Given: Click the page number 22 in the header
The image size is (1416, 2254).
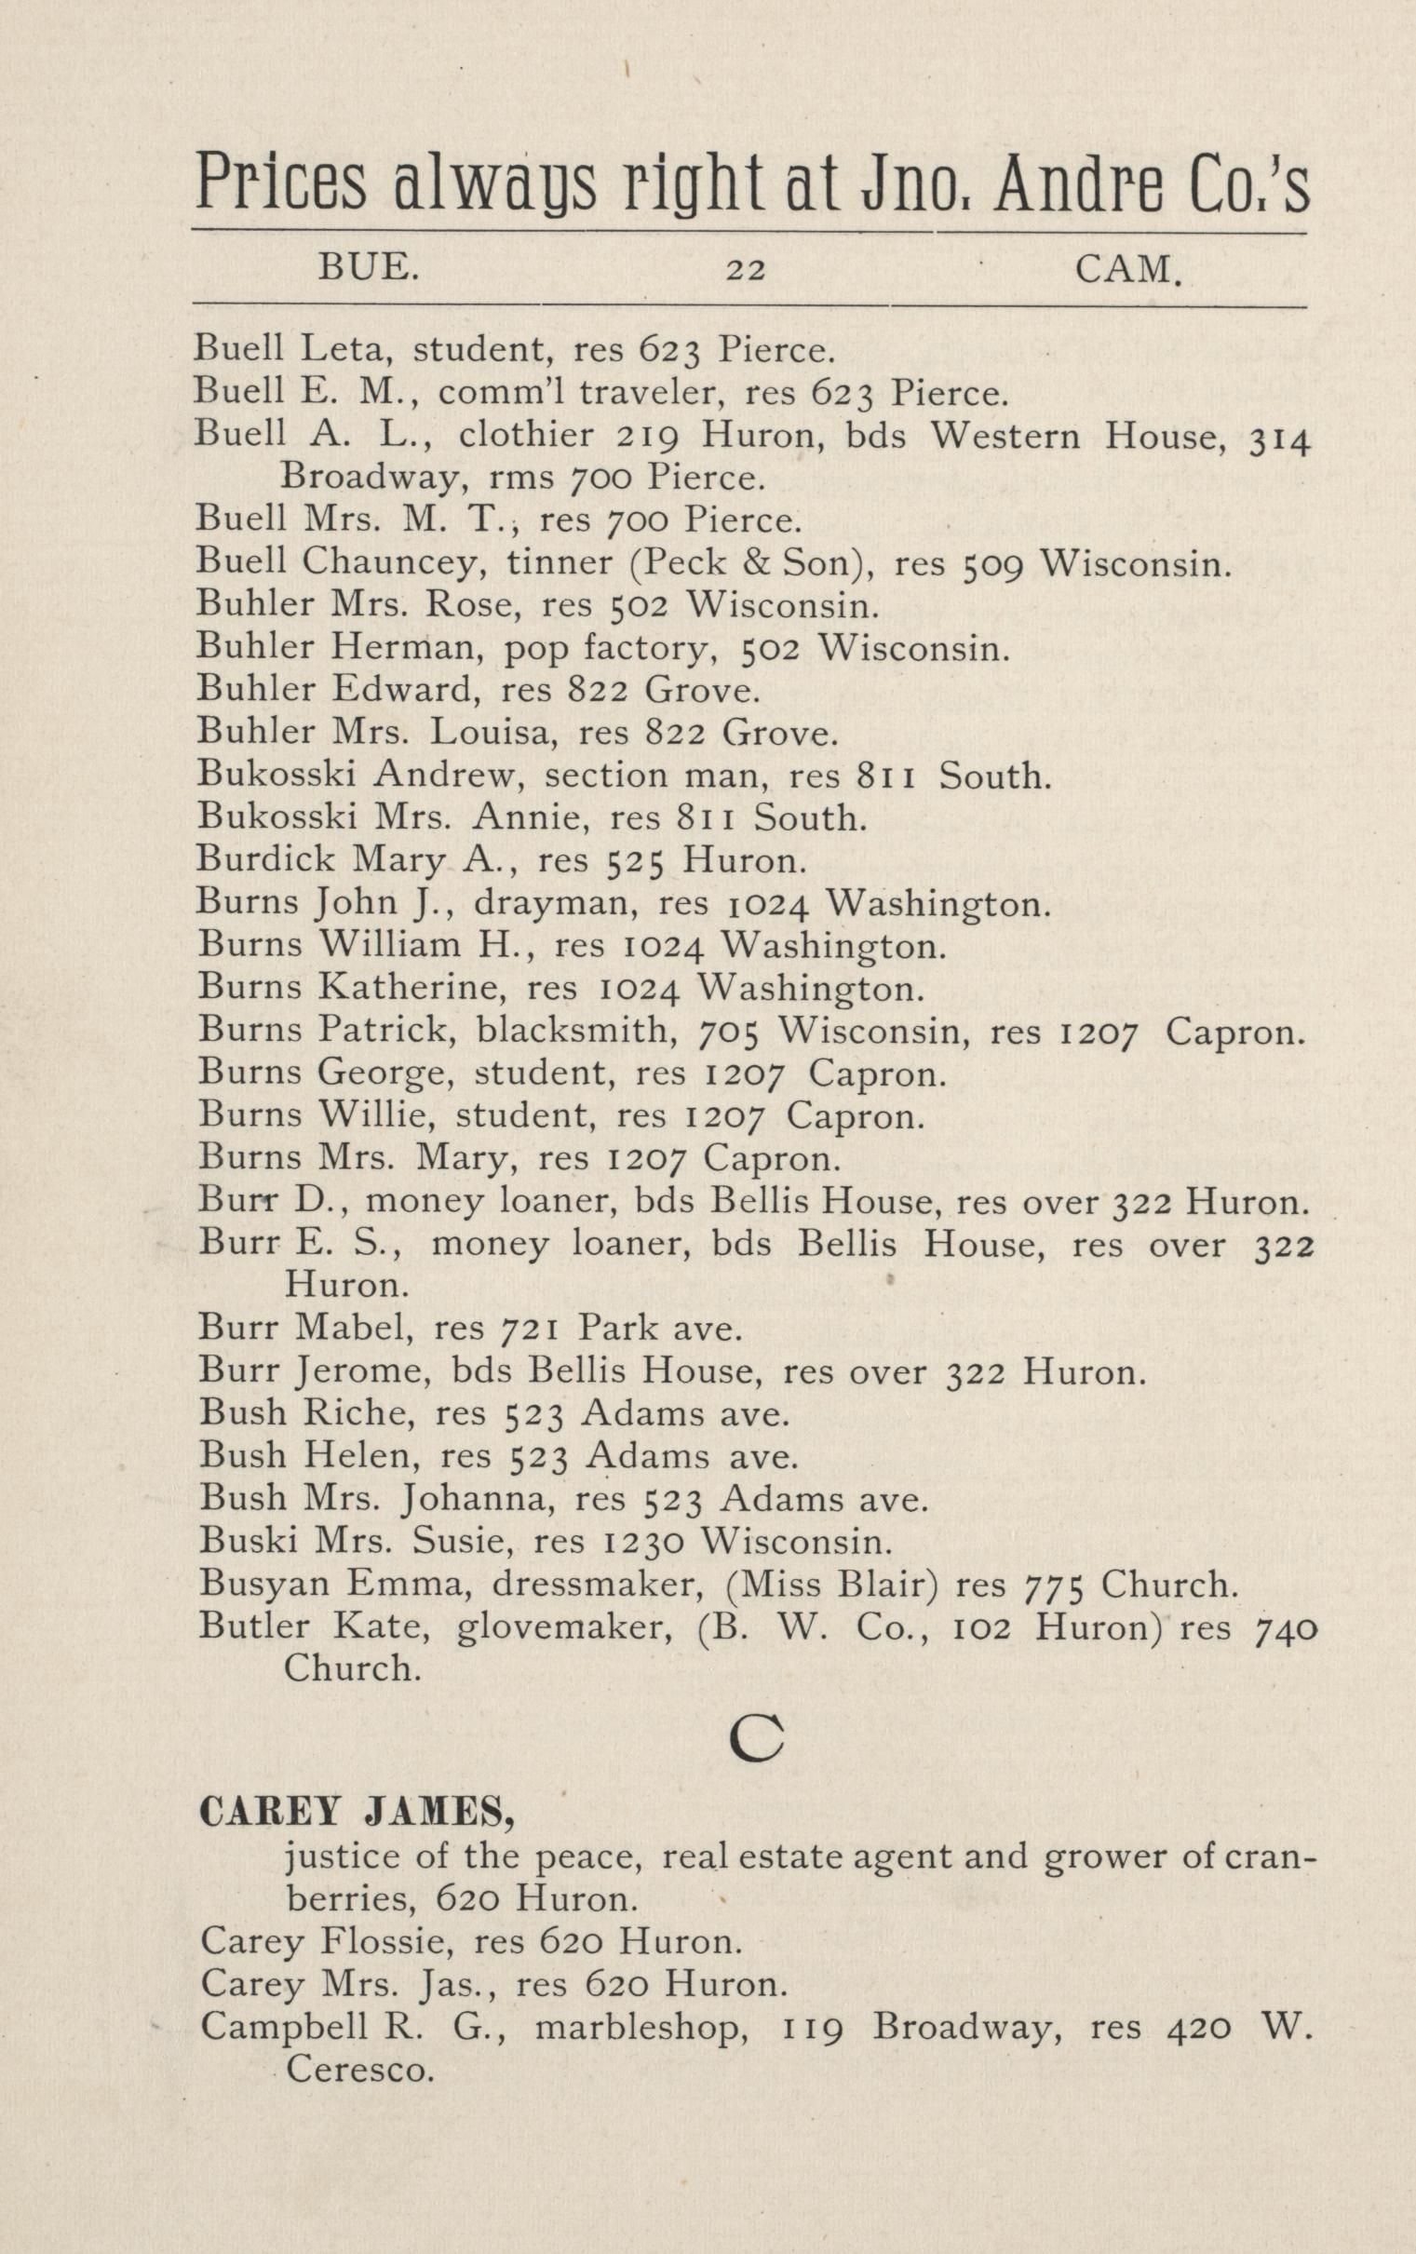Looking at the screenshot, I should coord(746,271).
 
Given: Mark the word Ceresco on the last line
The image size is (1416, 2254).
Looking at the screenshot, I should coord(360,2071).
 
